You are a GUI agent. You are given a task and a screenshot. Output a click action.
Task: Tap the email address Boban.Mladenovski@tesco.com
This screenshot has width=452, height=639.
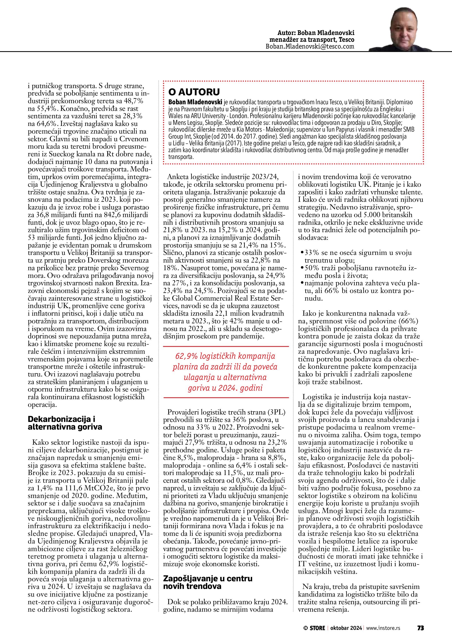[x=310, y=47]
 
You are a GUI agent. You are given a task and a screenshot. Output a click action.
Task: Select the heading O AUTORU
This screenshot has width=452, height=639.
[x=194, y=92]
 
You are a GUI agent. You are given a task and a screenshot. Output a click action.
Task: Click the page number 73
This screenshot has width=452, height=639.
[x=420, y=628]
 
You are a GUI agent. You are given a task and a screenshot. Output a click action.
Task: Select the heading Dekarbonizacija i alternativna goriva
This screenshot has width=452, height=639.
[x=65, y=423]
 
